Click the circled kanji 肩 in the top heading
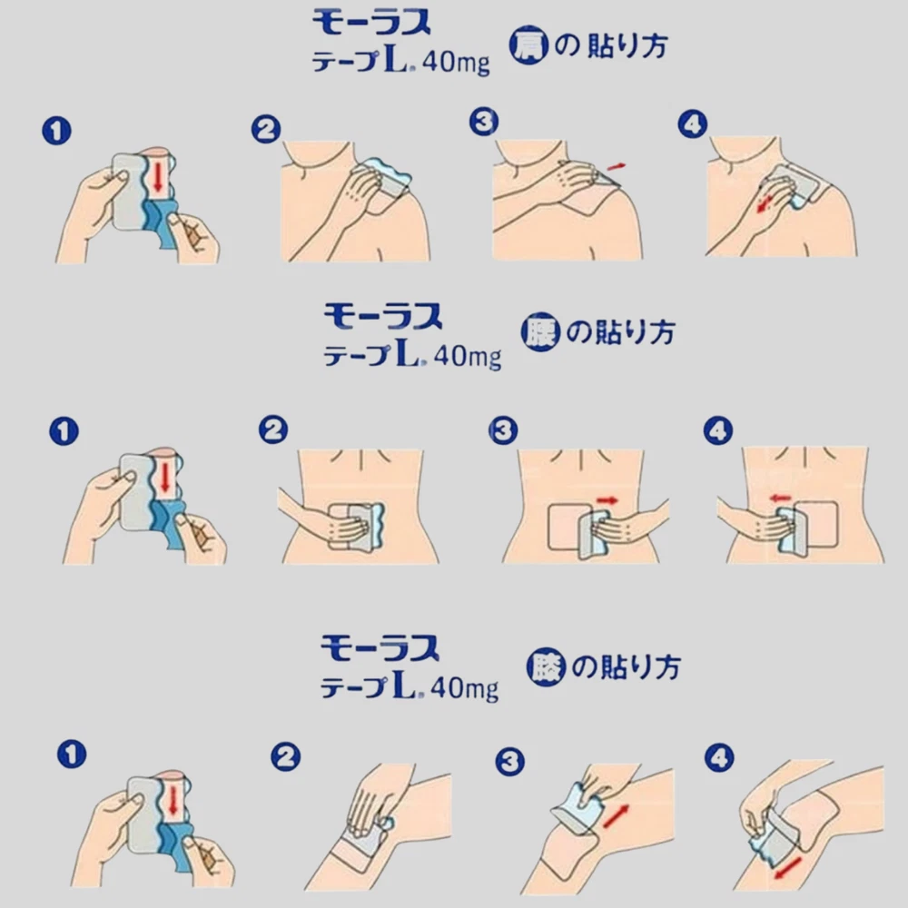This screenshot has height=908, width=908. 528,44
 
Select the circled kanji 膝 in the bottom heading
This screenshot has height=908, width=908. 546,667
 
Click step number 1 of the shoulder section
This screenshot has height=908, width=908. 56,130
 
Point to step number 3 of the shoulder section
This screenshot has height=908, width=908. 484,122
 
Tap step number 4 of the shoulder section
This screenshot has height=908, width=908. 693,123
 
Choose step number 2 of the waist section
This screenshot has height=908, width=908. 273,429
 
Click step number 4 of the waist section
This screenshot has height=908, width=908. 718,430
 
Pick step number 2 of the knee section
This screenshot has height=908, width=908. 285,756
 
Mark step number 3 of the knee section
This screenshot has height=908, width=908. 510,762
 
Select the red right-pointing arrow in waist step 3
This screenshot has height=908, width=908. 607,500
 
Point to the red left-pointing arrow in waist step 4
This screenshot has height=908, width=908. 781,498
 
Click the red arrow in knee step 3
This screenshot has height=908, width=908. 616,815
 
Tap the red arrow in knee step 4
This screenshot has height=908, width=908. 788,869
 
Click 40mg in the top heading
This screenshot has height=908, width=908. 456,62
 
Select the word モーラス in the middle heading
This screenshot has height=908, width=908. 383,317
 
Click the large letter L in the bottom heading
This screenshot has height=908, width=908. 404,684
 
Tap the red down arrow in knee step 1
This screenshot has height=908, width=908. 173,801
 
